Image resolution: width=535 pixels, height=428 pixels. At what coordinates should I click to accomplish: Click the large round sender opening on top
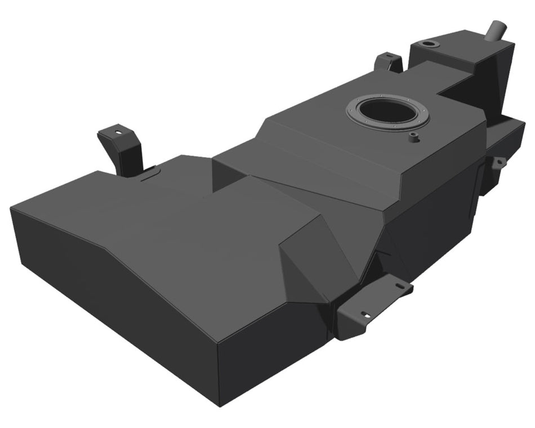point(387,110)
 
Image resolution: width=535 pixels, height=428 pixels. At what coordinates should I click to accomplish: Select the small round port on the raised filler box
point(430,44)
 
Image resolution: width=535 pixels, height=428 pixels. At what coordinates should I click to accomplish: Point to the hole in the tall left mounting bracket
point(118,132)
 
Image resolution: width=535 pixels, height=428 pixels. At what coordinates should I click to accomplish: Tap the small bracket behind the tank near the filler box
point(390,62)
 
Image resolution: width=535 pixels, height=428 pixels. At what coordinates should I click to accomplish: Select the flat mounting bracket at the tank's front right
point(372,307)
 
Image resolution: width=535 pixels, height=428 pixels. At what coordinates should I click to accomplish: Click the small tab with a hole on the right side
point(498,163)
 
